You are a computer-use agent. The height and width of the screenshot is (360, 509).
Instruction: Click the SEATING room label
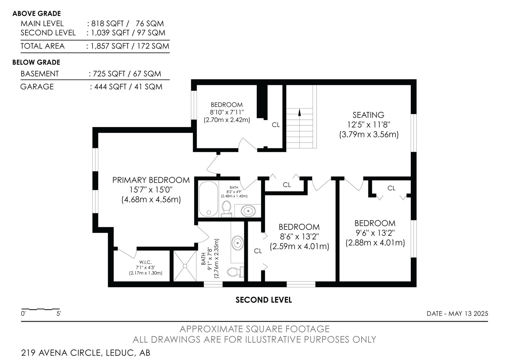(x=368, y=115)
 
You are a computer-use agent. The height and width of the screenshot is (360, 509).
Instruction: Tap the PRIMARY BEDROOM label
(x=151, y=180)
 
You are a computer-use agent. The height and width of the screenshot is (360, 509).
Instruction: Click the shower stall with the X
(x=185, y=266)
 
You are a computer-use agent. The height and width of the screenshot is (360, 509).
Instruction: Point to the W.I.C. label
(x=145, y=262)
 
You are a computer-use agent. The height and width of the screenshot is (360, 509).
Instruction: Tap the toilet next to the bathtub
(x=227, y=208)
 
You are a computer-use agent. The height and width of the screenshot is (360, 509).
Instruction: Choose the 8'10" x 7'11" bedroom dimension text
(x=227, y=112)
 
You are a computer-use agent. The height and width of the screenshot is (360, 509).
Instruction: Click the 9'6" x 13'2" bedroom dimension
(x=375, y=233)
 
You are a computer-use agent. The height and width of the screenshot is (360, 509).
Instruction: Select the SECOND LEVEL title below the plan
(x=263, y=300)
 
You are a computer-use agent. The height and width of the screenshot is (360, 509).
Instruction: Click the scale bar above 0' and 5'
(x=40, y=309)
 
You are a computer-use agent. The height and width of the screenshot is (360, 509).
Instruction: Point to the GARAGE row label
(x=37, y=87)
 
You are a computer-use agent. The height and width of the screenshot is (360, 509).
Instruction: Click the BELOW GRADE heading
(x=36, y=62)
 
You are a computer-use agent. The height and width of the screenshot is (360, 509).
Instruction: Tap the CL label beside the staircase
(x=276, y=125)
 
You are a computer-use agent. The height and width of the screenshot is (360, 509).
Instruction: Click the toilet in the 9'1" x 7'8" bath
(x=235, y=272)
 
